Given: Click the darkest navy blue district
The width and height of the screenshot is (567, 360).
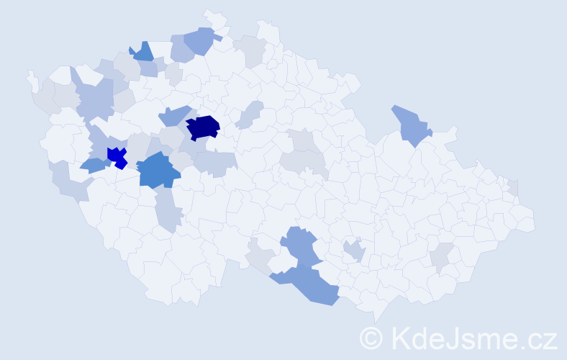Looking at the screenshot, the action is click(203, 127).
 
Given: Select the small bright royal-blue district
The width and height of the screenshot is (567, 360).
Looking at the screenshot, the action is click(116, 156).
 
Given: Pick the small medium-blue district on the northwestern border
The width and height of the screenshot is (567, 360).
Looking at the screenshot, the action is click(143, 52).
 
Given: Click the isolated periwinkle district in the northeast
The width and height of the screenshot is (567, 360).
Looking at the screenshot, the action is click(410, 124).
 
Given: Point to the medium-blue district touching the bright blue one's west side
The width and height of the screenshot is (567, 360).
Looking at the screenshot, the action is click(93, 165).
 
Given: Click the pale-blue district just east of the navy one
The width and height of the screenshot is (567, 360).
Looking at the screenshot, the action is click(248, 115).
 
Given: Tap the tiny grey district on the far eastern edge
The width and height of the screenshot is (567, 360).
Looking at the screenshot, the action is click(513, 187).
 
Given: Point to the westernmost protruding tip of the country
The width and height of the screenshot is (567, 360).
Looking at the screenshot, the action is click(30, 76).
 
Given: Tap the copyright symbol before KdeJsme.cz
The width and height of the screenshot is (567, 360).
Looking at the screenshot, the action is click(371, 338).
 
